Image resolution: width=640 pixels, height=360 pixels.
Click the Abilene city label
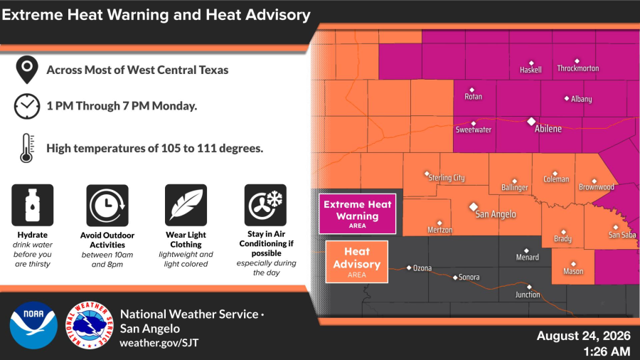(548, 129)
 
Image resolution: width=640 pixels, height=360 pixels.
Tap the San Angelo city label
(496, 214)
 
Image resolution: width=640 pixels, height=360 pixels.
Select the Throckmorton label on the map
(578, 68)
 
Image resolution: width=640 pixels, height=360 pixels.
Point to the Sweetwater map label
(474, 129)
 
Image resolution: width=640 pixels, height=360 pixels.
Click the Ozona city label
(422, 268)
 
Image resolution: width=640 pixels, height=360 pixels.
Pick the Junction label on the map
(528, 295)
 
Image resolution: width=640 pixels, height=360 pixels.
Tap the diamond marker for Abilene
(531, 121)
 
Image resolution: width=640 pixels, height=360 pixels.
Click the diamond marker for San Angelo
(474, 207)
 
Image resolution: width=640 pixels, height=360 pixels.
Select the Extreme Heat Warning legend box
(358, 214)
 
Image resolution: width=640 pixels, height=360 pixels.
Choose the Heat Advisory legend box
(357, 262)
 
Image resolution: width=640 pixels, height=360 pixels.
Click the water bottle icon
(33, 205)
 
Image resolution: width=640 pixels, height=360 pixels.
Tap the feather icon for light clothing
(186, 205)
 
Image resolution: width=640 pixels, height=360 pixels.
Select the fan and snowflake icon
(265, 205)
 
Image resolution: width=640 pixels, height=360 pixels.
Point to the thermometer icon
(27, 148)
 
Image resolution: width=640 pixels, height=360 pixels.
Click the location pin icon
(27, 70)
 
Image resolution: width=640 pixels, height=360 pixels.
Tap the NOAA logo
(33, 325)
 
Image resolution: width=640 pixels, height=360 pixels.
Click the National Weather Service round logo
(90, 325)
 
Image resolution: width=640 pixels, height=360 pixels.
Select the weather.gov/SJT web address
(159, 343)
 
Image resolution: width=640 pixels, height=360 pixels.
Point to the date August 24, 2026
(584, 336)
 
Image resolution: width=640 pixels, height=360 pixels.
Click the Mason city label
(573, 272)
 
